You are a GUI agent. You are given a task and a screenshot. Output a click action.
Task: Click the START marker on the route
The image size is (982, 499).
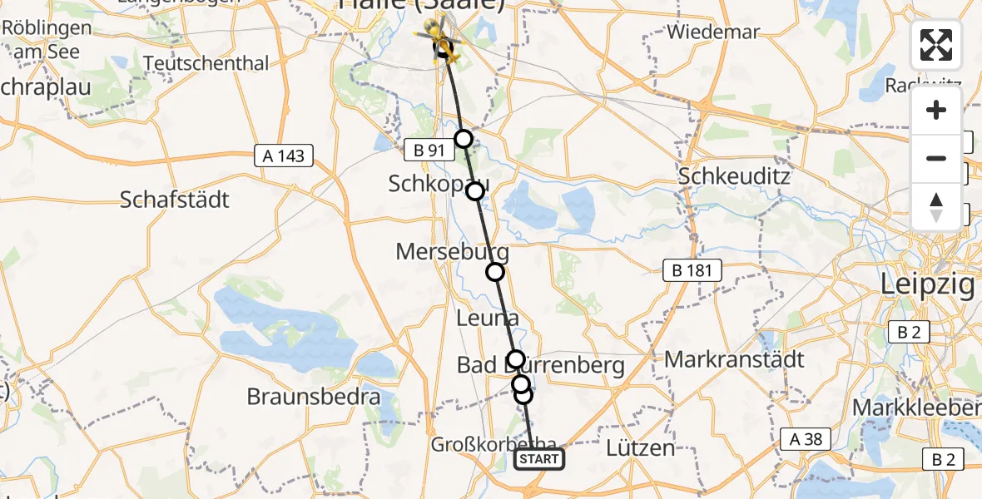click(539, 459)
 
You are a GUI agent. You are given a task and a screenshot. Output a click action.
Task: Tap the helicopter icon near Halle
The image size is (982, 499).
click(439, 40)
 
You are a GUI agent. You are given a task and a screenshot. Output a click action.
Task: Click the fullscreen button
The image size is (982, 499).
click(936, 45)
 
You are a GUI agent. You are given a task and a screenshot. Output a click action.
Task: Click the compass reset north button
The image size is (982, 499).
click(936, 207)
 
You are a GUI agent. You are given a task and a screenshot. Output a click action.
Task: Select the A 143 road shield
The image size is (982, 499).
click(285, 156)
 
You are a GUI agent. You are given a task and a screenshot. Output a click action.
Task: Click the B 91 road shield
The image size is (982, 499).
click(429, 151)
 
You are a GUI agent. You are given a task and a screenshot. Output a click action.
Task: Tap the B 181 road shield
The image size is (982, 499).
click(692, 270)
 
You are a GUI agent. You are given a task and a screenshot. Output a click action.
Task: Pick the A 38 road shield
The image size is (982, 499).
click(806, 440)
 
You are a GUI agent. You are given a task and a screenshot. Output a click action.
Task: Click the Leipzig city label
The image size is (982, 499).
click(928, 285)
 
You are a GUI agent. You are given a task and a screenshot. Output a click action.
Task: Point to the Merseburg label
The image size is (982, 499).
click(452, 251)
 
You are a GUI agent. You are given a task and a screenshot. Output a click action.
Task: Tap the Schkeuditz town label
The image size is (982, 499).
click(734, 177)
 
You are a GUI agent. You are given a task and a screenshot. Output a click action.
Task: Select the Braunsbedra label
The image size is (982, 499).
click(314, 397)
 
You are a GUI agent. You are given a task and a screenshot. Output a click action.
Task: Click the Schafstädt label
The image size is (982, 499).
click(175, 200)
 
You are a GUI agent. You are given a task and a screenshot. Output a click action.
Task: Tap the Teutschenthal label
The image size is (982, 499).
click(206, 63)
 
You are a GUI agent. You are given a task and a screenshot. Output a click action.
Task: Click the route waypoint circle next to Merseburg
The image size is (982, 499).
click(495, 272)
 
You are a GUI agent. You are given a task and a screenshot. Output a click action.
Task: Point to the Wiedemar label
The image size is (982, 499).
click(713, 32)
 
